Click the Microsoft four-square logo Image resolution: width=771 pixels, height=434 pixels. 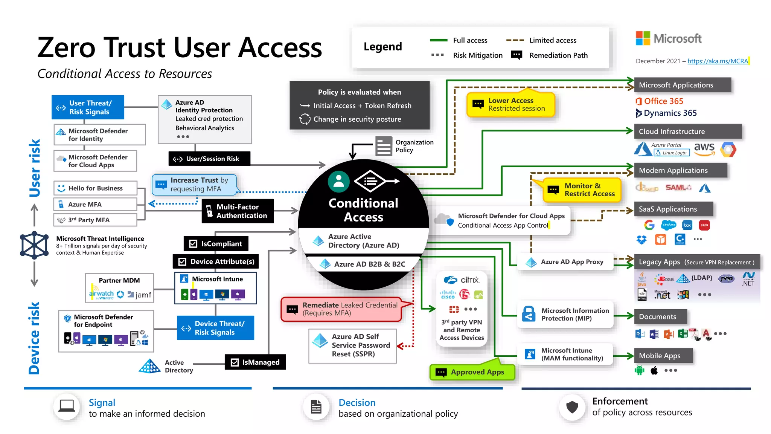click(x=643, y=38)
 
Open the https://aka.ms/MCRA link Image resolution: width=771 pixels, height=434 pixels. click(x=718, y=61)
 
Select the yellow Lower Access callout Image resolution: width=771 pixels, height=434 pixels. click(x=510, y=104)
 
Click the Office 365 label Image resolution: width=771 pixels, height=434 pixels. click(x=663, y=101)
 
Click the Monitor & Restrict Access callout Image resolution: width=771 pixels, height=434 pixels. click(x=582, y=190)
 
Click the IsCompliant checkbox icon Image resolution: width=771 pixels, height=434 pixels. click(x=193, y=244)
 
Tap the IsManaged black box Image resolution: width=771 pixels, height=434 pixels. click(x=255, y=362)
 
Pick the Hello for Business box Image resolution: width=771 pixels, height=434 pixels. click(x=95, y=188)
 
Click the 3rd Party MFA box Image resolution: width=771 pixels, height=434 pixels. click(x=95, y=220)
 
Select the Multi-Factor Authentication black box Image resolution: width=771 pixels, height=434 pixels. click(x=238, y=211)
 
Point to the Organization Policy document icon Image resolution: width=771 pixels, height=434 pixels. click(x=384, y=146)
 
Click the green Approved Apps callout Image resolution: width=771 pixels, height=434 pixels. click(x=472, y=372)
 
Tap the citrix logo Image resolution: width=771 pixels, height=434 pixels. click(x=462, y=280)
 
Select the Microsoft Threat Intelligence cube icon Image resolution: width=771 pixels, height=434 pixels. click(x=34, y=245)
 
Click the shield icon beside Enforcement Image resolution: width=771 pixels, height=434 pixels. click(x=572, y=407)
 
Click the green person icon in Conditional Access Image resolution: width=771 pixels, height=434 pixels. click(x=338, y=182)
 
